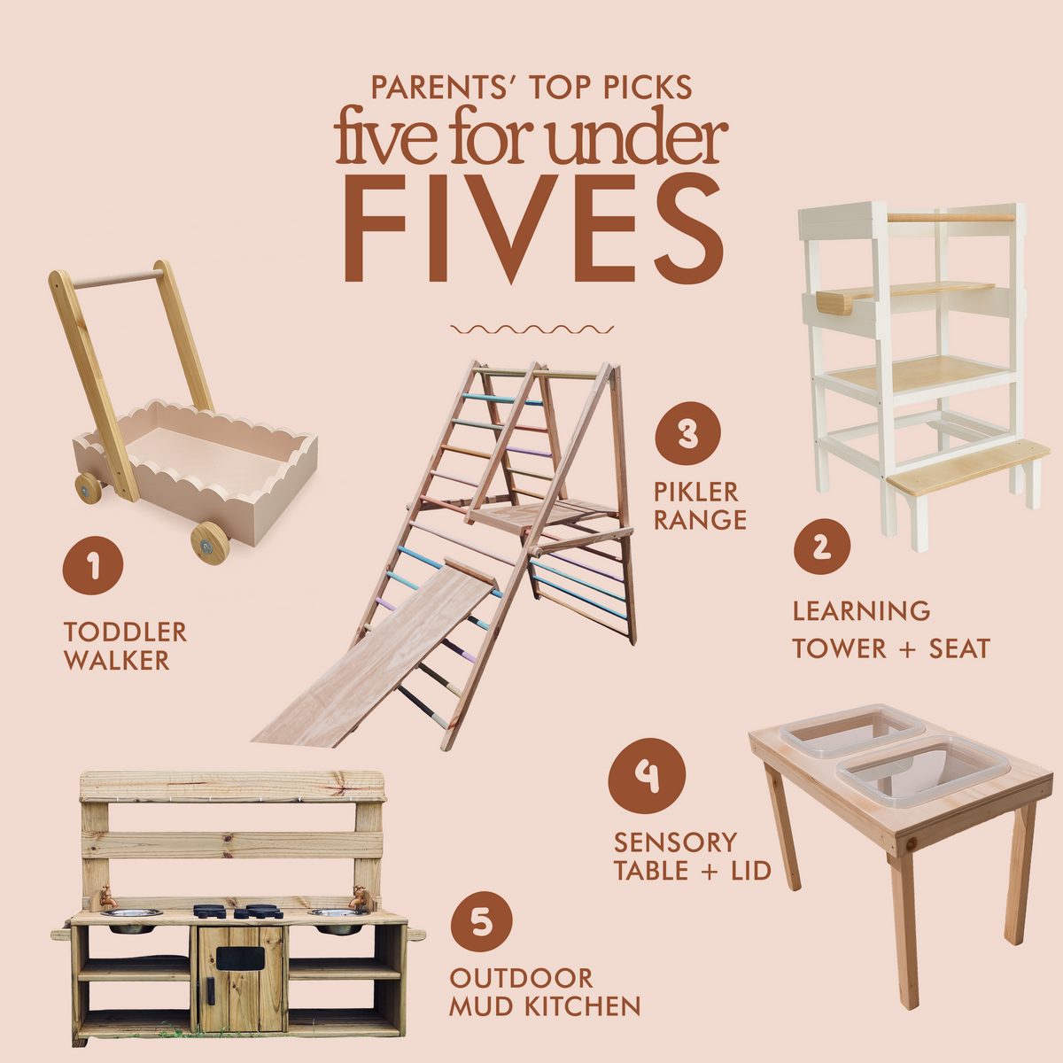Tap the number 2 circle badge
click(x=821, y=546)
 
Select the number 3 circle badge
click(x=687, y=434)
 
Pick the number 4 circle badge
click(x=647, y=776)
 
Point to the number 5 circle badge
click(x=481, y=921)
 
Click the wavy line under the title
click(x=531, y=329)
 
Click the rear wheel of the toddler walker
click(x=88, y=487)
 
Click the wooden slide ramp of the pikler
click(x=372, y=656)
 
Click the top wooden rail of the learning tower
click(x=950, y=216)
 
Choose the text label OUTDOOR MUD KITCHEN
click(x=544, y=992)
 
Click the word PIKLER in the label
click(x=695, y=492)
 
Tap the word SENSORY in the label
click(x=675, y=842)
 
